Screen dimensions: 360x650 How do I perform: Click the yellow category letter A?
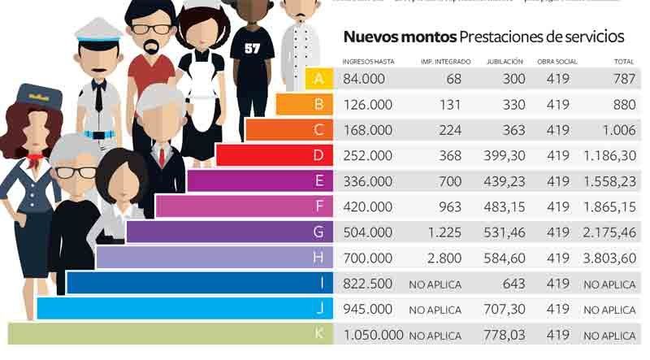(x=319, y=79)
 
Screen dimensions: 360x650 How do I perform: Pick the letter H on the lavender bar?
(x=319, y=258)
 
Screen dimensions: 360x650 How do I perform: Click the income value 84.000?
(x=367, y=79)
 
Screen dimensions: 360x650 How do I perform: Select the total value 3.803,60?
(x=609, y=258)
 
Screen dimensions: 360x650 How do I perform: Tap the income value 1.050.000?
(x=374, y=335)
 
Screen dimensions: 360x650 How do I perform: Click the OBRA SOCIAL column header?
(x=557, y=61)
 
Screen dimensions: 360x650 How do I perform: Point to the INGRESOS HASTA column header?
(x=370, y=61)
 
